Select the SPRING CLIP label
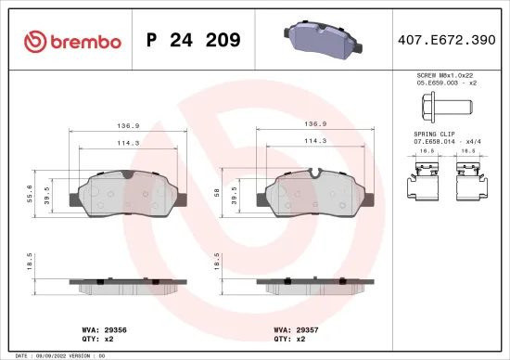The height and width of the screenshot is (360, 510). [x=433, y=134]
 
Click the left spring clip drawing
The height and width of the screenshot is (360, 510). [x=427, y=180]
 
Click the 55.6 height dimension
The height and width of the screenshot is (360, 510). [x=31, y=199]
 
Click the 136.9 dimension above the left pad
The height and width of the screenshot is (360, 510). [x=128, y=123]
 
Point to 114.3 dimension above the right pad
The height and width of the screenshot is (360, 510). [x=316, y=140]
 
